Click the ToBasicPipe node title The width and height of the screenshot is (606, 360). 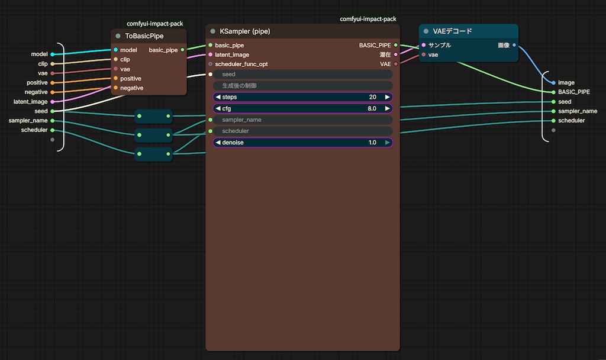tap(144, 36)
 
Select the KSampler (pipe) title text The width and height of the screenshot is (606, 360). tap(244, 31)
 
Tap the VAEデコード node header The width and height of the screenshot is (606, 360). tap(469, 31)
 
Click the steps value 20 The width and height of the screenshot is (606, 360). tap(373, 97)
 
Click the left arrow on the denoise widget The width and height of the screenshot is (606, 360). tap(218, 142)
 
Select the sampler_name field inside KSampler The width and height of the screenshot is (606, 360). tap(302, 120)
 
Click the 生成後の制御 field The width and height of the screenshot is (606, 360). tap(302, 85)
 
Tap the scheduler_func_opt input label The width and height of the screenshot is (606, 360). tap(241, 64)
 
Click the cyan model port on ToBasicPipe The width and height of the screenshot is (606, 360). tap(115, 50)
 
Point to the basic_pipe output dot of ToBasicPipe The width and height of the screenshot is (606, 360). tap(182, 50)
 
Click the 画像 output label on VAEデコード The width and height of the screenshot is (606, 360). tap(504, 45)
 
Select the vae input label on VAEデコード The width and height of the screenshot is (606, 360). tap(433, 55)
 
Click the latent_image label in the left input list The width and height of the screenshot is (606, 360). tap(31, 102)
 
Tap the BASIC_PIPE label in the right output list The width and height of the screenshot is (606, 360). tap(574, 92)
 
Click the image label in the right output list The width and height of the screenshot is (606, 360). tap(566, 83)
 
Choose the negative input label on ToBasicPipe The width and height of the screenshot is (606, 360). tap(131, 88)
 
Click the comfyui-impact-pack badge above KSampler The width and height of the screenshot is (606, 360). tap(368, 19)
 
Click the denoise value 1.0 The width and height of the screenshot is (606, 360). tap(372, 143)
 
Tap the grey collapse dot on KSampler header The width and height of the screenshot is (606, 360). tap(212, 31)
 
